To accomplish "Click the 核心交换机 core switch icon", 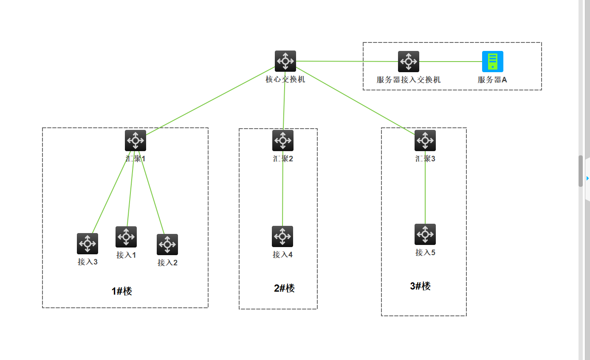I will pyautogui.click(x=285, y=61).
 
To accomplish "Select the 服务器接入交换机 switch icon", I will pyautogui.click(x=408, y=62).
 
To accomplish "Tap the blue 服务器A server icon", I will pyautogui.click(x=492, y=62).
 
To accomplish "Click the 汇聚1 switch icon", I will pyautogui.click(x=135, y=141).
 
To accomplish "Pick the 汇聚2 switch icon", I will pyautogui.click(x=282, y=141).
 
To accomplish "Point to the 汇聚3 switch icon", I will pyautogui.click(x=425, y=141).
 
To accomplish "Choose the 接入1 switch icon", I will pyautogui.click(x=126, y=237).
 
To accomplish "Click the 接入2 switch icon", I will pyautogui.click(x=167, y=245).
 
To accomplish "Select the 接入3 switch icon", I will pyautogui.click(x=87, y=244).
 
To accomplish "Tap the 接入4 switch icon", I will pyautogui.click(x=282, y=236).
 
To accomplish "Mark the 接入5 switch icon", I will pyautogui.click(x=425, y=234).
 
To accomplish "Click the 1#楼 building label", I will pyautogui.click(x=122, y=291).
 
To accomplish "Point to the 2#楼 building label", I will pyautogui.click(x=284, y=288).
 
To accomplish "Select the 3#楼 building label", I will pyautogui.click(x=420, y=286).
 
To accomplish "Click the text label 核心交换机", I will pyautogui.click(x=285, y=79).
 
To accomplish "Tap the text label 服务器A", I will pyautogui.click(x=492, y=80).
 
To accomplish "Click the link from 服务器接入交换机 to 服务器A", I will pyautogui.click(x=450, y=62).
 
